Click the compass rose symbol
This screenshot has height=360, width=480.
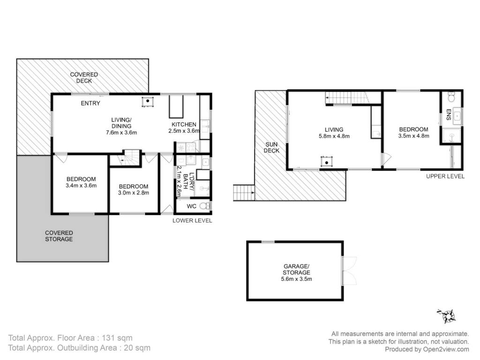tap(447, 316)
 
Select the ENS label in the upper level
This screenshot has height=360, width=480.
tap(449, 114)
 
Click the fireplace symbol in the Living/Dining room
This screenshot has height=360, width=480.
tap(148, 101)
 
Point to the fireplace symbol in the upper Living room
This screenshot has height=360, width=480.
tap(327, 162)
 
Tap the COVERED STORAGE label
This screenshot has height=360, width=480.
tap(59, 236)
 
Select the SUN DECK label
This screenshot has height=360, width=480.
tap(271, 147)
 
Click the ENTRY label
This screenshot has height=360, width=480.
tap(90, 103)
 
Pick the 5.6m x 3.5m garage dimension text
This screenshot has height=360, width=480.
tap(296, 279)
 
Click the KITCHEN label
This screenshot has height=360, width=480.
tap(184, 124)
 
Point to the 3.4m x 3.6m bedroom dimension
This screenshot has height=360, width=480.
tap(81, 186)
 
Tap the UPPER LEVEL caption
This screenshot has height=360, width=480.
tap(445, 176)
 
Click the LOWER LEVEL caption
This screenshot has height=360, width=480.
tap(192, 220)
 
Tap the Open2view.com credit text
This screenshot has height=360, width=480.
tap(446, 349)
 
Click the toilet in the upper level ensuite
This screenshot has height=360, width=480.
tap(451, 97)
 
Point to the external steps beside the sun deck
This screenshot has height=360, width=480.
tap(244, 193)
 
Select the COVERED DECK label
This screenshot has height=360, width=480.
tap(84, 77)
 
